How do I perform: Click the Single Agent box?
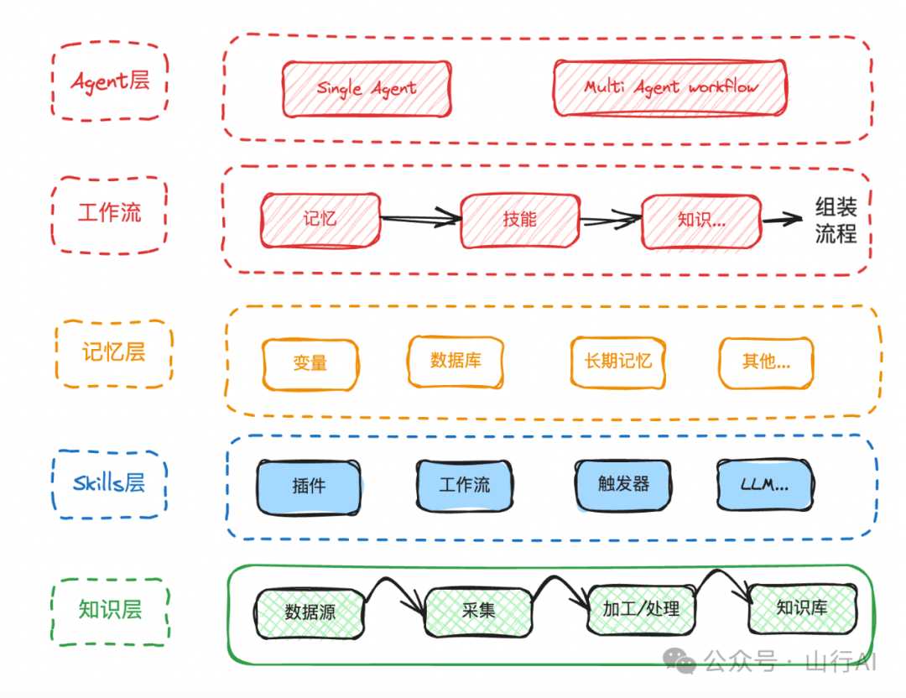366,88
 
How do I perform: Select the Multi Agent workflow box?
670,87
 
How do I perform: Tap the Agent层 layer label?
110,81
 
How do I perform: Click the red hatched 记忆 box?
320,219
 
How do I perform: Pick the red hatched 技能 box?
519,220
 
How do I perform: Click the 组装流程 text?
836,220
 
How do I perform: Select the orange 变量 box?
310,363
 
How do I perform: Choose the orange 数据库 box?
456,361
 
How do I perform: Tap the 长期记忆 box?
618,362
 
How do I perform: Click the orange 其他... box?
766,362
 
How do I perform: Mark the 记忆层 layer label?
113,352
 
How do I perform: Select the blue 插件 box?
309,485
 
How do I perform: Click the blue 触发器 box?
623,484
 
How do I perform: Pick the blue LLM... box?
764,484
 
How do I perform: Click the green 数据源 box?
310,612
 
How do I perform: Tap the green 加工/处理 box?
641,609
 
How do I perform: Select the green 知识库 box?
802,608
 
